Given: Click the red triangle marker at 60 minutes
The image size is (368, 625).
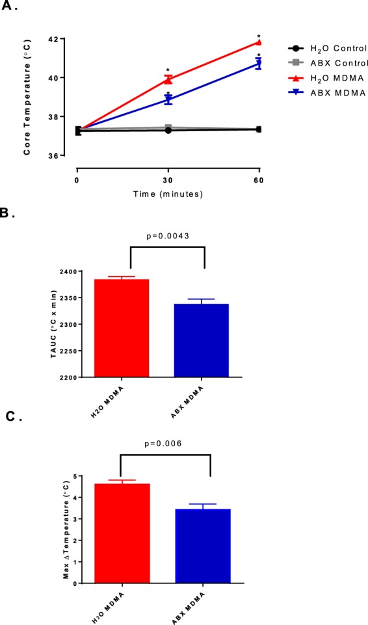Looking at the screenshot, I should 259,42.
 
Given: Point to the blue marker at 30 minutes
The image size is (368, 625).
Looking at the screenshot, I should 168,100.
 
